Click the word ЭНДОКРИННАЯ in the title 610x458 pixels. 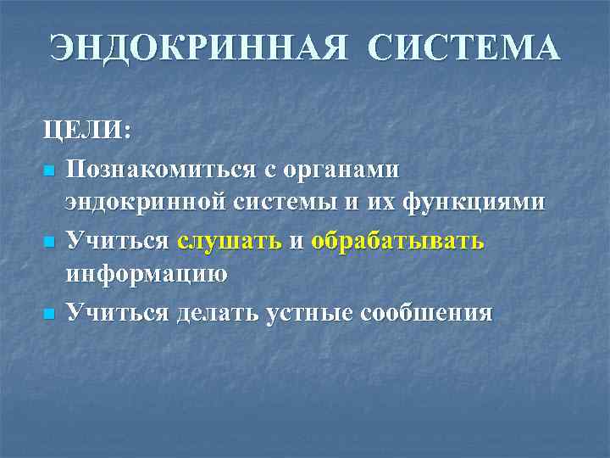pyautogui.click(x=197, y=48)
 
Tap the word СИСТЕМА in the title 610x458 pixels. pyautogui.click(x=463, y=48)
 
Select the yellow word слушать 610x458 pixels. pyautogui.click(x=230, y=242)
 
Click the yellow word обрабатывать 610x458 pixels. pyautogui.click(x=398, y=242)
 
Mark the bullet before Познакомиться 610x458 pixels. pyautogui.click(x=49, y=171)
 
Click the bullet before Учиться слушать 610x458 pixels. pyautogui.click(x=49, y=243)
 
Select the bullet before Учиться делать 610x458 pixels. pyautogui.click(x=49, y=315)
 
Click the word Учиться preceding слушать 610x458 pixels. pyautogui.click(x=119, y=242)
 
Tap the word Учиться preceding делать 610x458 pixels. pyautogui.click(x=119, y=313)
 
